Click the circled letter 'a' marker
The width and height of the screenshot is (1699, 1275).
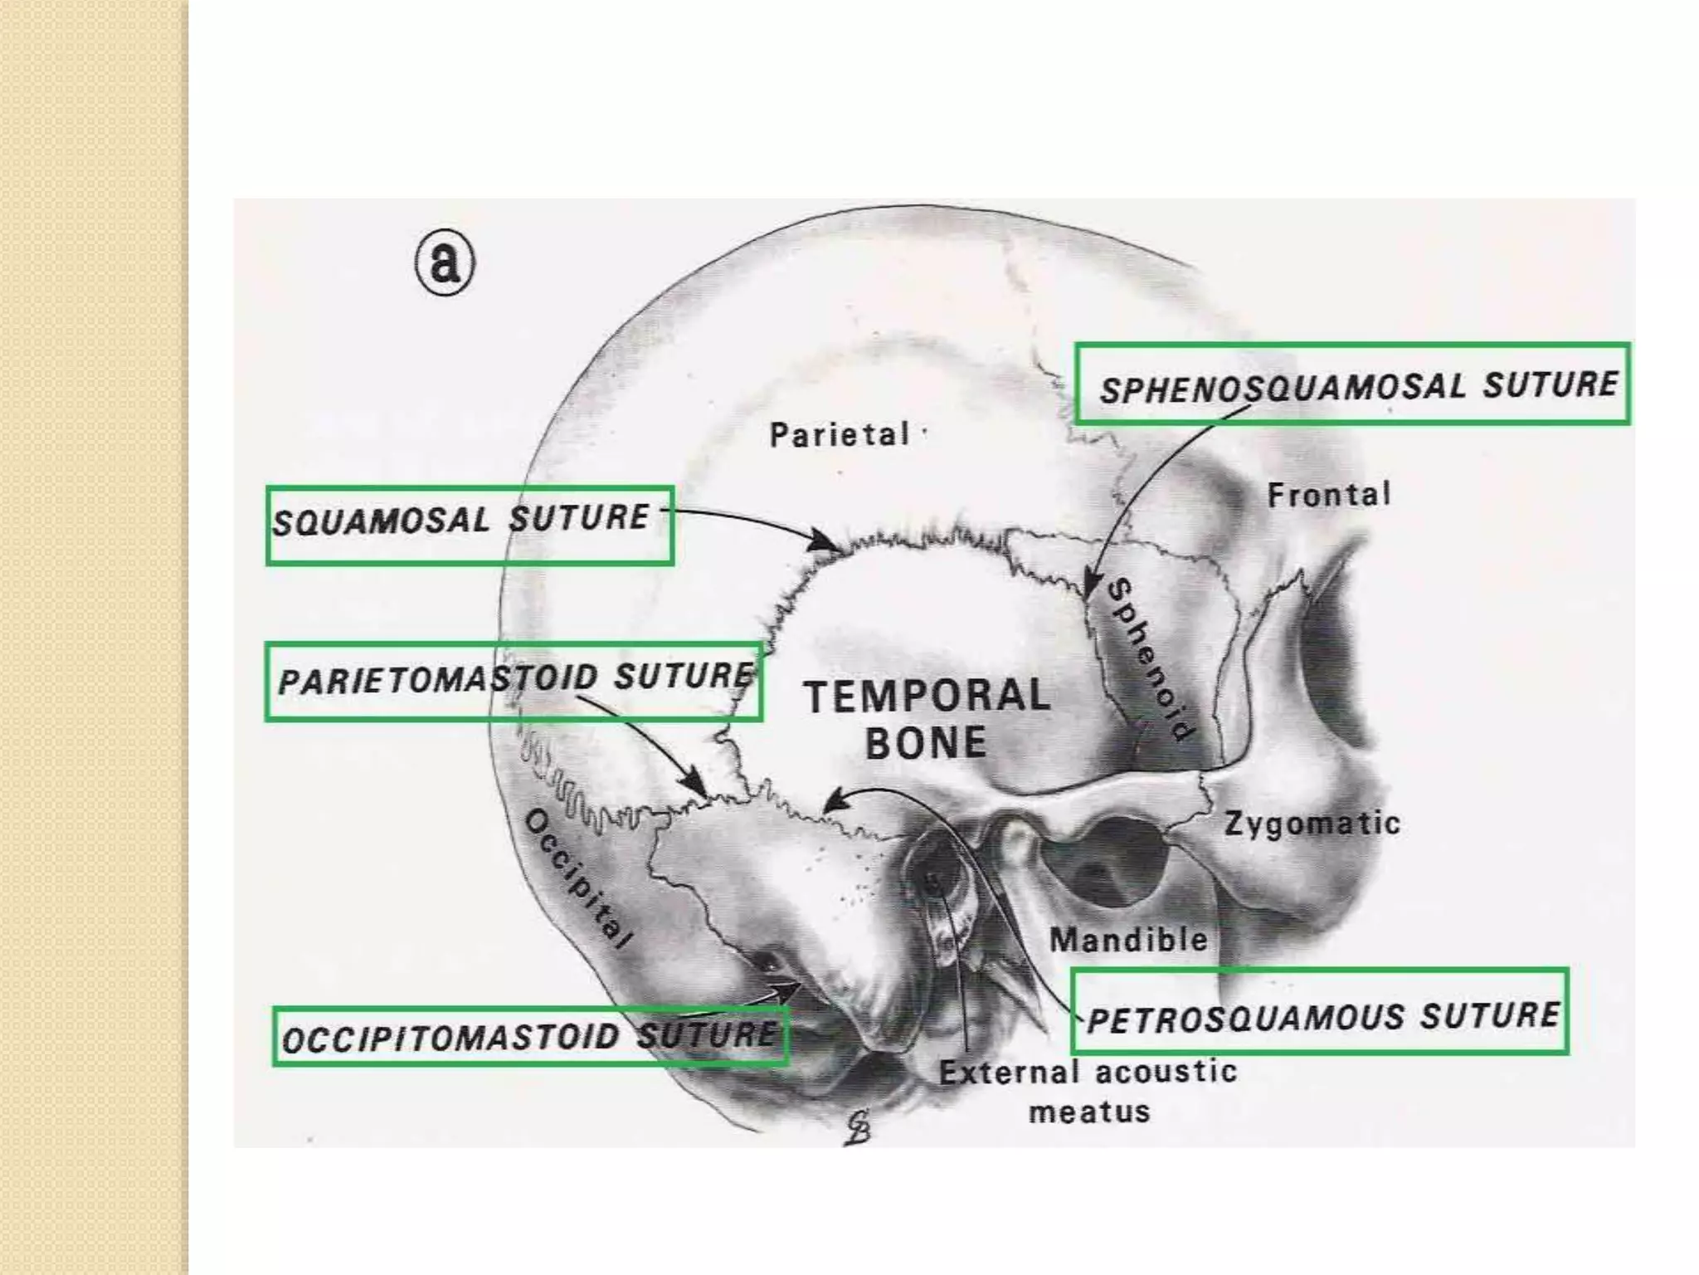[445, 262]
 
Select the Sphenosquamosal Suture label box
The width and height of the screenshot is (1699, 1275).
[1352, 383]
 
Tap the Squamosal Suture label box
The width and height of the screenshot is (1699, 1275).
[470, 525]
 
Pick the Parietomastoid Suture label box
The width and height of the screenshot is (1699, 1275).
[514, 681]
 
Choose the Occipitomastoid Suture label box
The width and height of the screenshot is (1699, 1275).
[530, 1036]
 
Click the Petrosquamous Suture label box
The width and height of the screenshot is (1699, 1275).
[1319, 1011]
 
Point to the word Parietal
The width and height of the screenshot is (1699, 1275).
[840, 434]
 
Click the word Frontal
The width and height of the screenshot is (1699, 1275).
[1328, 495]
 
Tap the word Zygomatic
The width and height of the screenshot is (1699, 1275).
[1312, 823]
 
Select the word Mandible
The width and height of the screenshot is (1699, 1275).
[1128, 940]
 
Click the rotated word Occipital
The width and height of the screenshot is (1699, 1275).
[579, 879]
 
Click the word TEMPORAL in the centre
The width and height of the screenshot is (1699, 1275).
[927, 696]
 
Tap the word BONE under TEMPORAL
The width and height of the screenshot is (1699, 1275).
[926, 742]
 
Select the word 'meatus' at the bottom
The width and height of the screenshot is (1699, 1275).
[1089, 1111]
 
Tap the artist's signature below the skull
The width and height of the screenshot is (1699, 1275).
[858, 1127]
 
